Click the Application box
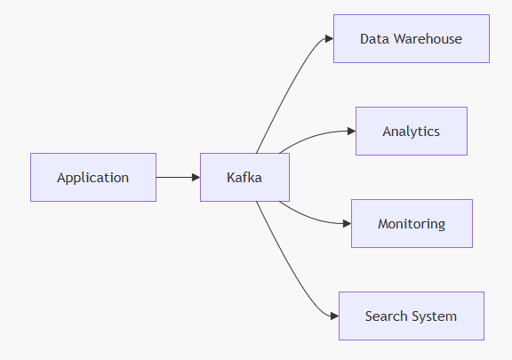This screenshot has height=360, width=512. [x=93, y=178]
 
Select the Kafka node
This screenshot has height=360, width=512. [x=245, y=178]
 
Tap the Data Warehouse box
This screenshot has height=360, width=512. [x=412, y=38]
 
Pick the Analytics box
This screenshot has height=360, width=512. [x=412, y=131]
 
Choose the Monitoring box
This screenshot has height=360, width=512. [x=412, y=223]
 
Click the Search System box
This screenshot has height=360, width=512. [x=412, y=316]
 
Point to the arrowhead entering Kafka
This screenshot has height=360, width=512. [x=196, y=178]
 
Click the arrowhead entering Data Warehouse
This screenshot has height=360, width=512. [x=330, y=38]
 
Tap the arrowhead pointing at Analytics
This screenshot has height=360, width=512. [x=352, y=131]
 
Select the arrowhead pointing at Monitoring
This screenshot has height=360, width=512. [x=347, y=223]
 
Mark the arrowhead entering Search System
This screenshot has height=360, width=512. [x=335, y=316]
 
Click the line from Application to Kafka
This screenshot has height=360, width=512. [x=174, y=178]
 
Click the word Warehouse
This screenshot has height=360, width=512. [x=428, y=39]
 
